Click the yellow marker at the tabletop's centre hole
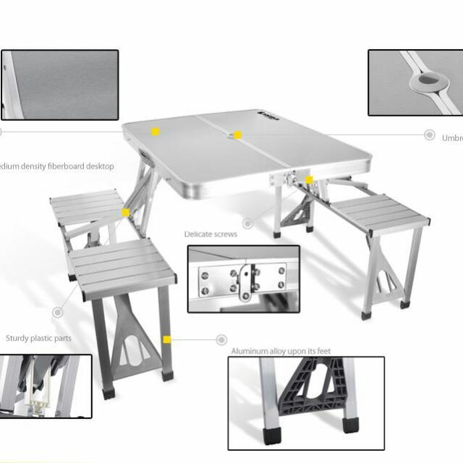(237, 135)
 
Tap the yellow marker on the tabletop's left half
(155, 132)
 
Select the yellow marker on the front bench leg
(167, 339)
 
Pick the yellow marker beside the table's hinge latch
(309, 179)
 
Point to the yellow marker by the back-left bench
(125, 213)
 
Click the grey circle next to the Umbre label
(429, 135)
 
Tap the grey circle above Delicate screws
(248, 224)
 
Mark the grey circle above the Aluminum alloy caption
(221, 339)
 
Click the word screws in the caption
(225, 234)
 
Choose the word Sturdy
(19, 338)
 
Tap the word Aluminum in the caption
(250, 352)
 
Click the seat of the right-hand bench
(379, 213)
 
